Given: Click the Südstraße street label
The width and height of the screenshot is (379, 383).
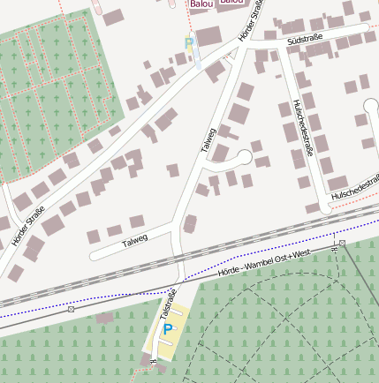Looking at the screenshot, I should pyautogui.click(x=305, y=39).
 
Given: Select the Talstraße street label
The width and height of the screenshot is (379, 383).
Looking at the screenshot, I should pyautogui.click(x=168, y=304).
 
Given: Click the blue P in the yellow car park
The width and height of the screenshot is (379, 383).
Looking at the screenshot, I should pyautogui.click(x=167, y=330).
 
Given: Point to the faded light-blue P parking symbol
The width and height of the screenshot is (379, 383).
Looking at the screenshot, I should pyautogui.click(x=188, y=42).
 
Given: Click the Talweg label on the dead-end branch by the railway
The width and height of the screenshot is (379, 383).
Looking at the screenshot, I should pyautogui.click(x=133, y=239).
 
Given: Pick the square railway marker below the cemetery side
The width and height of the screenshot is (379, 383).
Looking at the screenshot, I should pyautogui.click(x=71, y=309).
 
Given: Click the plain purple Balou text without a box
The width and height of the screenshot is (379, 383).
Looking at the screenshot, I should pyautogui.click(x=201, y=4).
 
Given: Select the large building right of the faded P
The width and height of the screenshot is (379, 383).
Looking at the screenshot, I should pyautogui.click(x=209, y=37).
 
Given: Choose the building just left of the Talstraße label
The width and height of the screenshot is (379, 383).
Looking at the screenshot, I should pyautogui.click(x=105, y=317).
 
